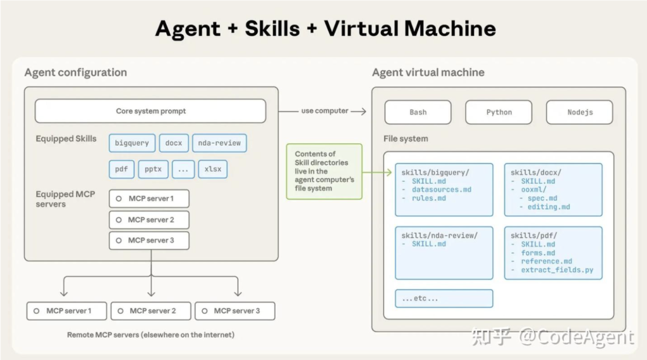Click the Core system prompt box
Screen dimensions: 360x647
point(150,111)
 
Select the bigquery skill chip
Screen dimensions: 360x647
point(132,143)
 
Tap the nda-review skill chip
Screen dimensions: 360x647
point(219,143)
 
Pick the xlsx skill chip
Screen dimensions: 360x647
point(212,169)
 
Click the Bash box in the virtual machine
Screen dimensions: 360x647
point(418,112)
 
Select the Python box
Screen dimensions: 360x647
point(499,112)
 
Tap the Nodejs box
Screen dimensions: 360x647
point(579,112)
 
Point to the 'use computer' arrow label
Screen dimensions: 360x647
point(325,111)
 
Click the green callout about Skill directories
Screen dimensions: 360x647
point(324,171)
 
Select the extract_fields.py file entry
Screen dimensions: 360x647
point(557,270)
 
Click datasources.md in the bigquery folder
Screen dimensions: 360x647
point(441,189)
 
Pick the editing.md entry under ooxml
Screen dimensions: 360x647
point(548,207)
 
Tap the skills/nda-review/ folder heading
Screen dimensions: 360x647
point(439,236)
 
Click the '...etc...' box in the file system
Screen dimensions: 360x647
point(444,298)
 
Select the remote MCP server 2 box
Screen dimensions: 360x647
point(152,311)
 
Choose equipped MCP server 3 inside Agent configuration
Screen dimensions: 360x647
point(149,240)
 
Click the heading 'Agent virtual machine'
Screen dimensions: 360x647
point(428,72)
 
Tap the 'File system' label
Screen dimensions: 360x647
point(405,138)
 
